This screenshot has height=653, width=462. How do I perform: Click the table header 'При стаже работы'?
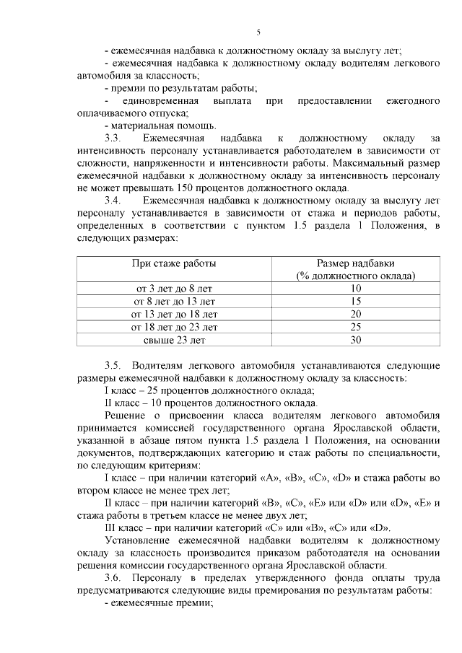pos(173,263)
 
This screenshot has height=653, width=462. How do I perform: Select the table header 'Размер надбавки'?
pos(355,263)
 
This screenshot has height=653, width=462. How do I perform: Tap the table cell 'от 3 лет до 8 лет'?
pos(173,289)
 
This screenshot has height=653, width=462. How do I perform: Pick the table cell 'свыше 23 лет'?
pos(173,340)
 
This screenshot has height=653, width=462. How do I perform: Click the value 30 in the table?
pos(355,340)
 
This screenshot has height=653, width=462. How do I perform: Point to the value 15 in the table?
pos(355,302)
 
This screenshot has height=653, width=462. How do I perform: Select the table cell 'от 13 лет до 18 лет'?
pos(173,315)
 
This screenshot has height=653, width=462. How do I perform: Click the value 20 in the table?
pos(355,315)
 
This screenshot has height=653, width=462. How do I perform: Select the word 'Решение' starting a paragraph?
pos(126,415)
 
